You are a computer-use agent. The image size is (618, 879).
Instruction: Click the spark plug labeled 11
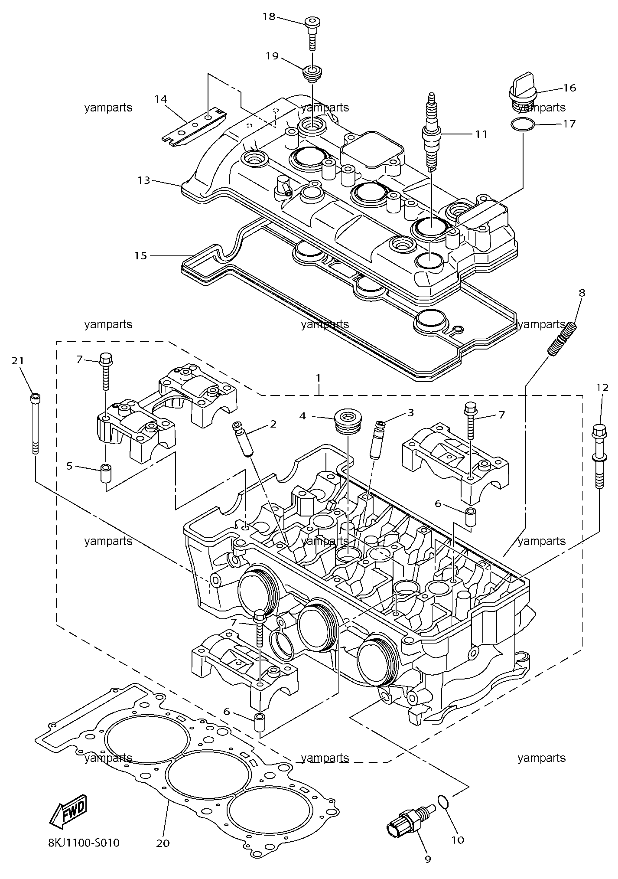(x=431, y=132)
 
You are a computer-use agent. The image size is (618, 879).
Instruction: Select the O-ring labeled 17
(x=523, y=125)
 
